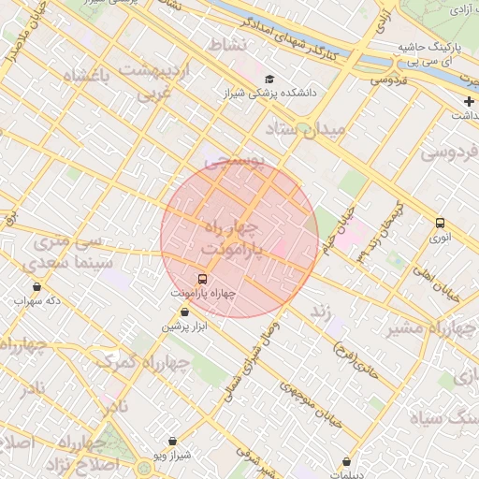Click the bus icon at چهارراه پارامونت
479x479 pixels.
pyautogui.click(x=202, y=279)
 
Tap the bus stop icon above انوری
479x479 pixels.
pyautogui.click(x=440, y=223)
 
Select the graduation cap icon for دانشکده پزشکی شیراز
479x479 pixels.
pyautogui.click(x=269, y=80)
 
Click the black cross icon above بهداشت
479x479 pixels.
pyautogui.click(x=469, y=101)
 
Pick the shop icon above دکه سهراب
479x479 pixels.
pyautogui.click(x=36, y=286)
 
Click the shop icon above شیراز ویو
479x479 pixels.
pyautogui.click(x=172, y=441)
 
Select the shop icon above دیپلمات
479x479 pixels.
pyautogui.click(x=347, y=461)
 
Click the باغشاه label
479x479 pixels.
pyautogui.click(x=86, y=77)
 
